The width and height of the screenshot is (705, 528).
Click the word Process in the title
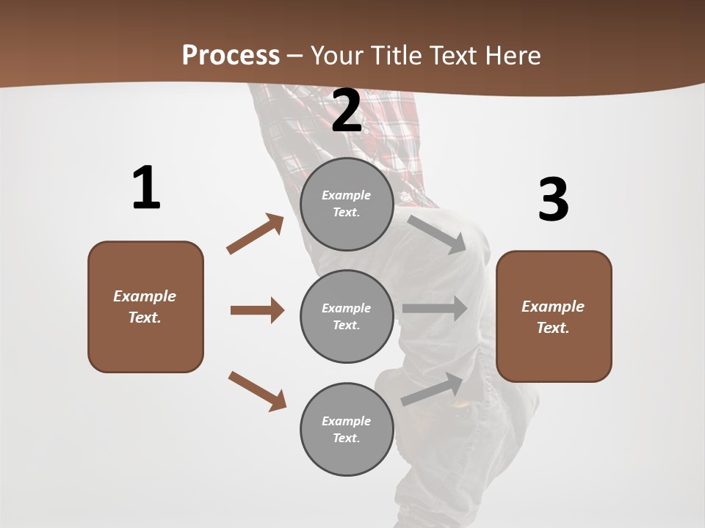click(231, 56)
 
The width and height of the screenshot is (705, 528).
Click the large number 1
click(145, 188)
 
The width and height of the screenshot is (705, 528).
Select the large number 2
click(347, 111)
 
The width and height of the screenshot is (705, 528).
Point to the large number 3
click(553, 199)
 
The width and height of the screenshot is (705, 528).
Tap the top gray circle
click(347, 204)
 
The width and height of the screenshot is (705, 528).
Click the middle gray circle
click(347, 316)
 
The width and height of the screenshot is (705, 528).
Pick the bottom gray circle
click(347, 429)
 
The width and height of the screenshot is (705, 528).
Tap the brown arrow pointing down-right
click(257, 390)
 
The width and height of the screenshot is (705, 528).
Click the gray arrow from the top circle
click(438, 234)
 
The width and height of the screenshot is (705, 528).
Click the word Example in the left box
click(145, 296)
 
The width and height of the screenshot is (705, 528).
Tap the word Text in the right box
click(552, 328)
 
